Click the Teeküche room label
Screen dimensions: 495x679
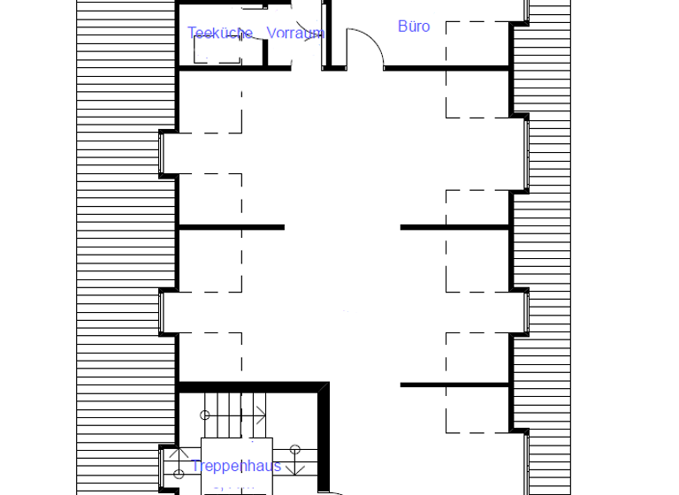[x=219, y=34]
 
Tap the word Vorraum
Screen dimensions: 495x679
[x=295, y=34]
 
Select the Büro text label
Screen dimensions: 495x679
[x=414, y=27]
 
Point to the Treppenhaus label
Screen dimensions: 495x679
[x=236, y=466]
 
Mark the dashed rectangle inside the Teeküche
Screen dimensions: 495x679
[x=217, y=49]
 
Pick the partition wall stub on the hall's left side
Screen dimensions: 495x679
[x=232, y=228]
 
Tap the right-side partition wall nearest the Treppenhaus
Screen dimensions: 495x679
[x=455, y=385]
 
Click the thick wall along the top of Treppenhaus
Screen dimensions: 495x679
[x=252, y=386]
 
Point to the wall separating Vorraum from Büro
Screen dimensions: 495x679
[x=326, y=35]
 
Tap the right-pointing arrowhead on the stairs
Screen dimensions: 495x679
[x=262, y=414]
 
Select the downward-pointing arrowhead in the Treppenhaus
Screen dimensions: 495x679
[x=295, y=469]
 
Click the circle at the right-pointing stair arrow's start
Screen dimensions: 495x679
[x=205, y=414]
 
